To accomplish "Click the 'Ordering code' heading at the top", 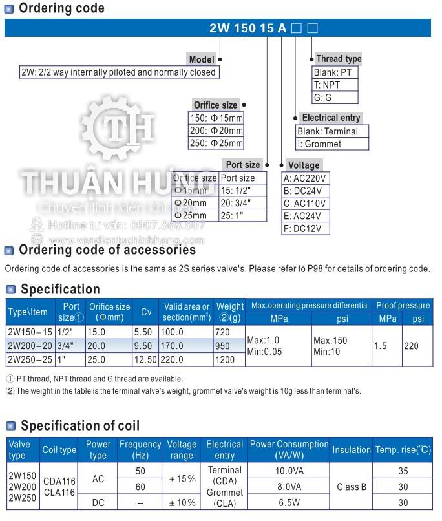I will point(61,8).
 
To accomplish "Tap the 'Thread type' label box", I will point(338,59).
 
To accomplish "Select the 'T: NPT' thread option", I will point(327,85).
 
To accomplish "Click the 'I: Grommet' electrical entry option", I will point(319,144).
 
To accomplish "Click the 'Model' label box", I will point(202,59).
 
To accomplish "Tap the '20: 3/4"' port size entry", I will point(236,203).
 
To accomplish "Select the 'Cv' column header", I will point(147,312).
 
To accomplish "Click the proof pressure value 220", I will point(411,346).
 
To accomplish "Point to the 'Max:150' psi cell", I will point(330,340).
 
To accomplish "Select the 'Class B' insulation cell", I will point(352,487).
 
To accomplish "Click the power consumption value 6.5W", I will point(289,502).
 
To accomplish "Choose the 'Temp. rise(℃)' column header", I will point(403,450).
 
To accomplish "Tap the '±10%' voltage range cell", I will point(182,502).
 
